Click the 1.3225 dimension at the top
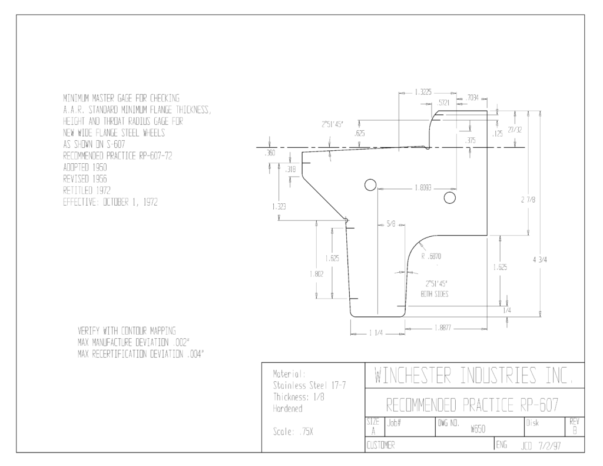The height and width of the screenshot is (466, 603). click(x=423, y=92)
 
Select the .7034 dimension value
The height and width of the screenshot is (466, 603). click(x=472, y=98)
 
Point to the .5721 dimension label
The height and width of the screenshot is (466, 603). click(x=443, y=103)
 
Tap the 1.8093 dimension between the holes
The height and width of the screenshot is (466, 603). click(x=423, y=188)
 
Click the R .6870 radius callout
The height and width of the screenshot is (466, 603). click(x=431, y=257)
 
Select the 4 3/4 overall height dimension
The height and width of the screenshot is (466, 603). click(x=540, y=260)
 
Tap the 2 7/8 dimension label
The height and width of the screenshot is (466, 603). click(x=528, y=200)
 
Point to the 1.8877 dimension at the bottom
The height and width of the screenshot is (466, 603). click(x=443, y=328)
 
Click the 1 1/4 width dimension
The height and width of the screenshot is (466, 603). click(x=376, y=333)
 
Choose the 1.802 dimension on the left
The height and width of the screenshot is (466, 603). click(x=316, y=274)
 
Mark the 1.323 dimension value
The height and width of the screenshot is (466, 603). click(x=279, y=207)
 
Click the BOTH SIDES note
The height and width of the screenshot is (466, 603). click(x=435, y=295)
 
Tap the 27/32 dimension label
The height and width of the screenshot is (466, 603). click(x=515, y=130)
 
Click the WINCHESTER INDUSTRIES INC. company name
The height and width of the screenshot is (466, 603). click(x=473, y=376)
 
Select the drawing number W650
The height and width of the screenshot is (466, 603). click(x=478, y=429)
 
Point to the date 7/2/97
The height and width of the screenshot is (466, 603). click(x=551, y=446)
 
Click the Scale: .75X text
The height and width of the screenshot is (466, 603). click(x=293, y=432)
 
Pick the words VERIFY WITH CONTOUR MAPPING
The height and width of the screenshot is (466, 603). click(x=127, y=331)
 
